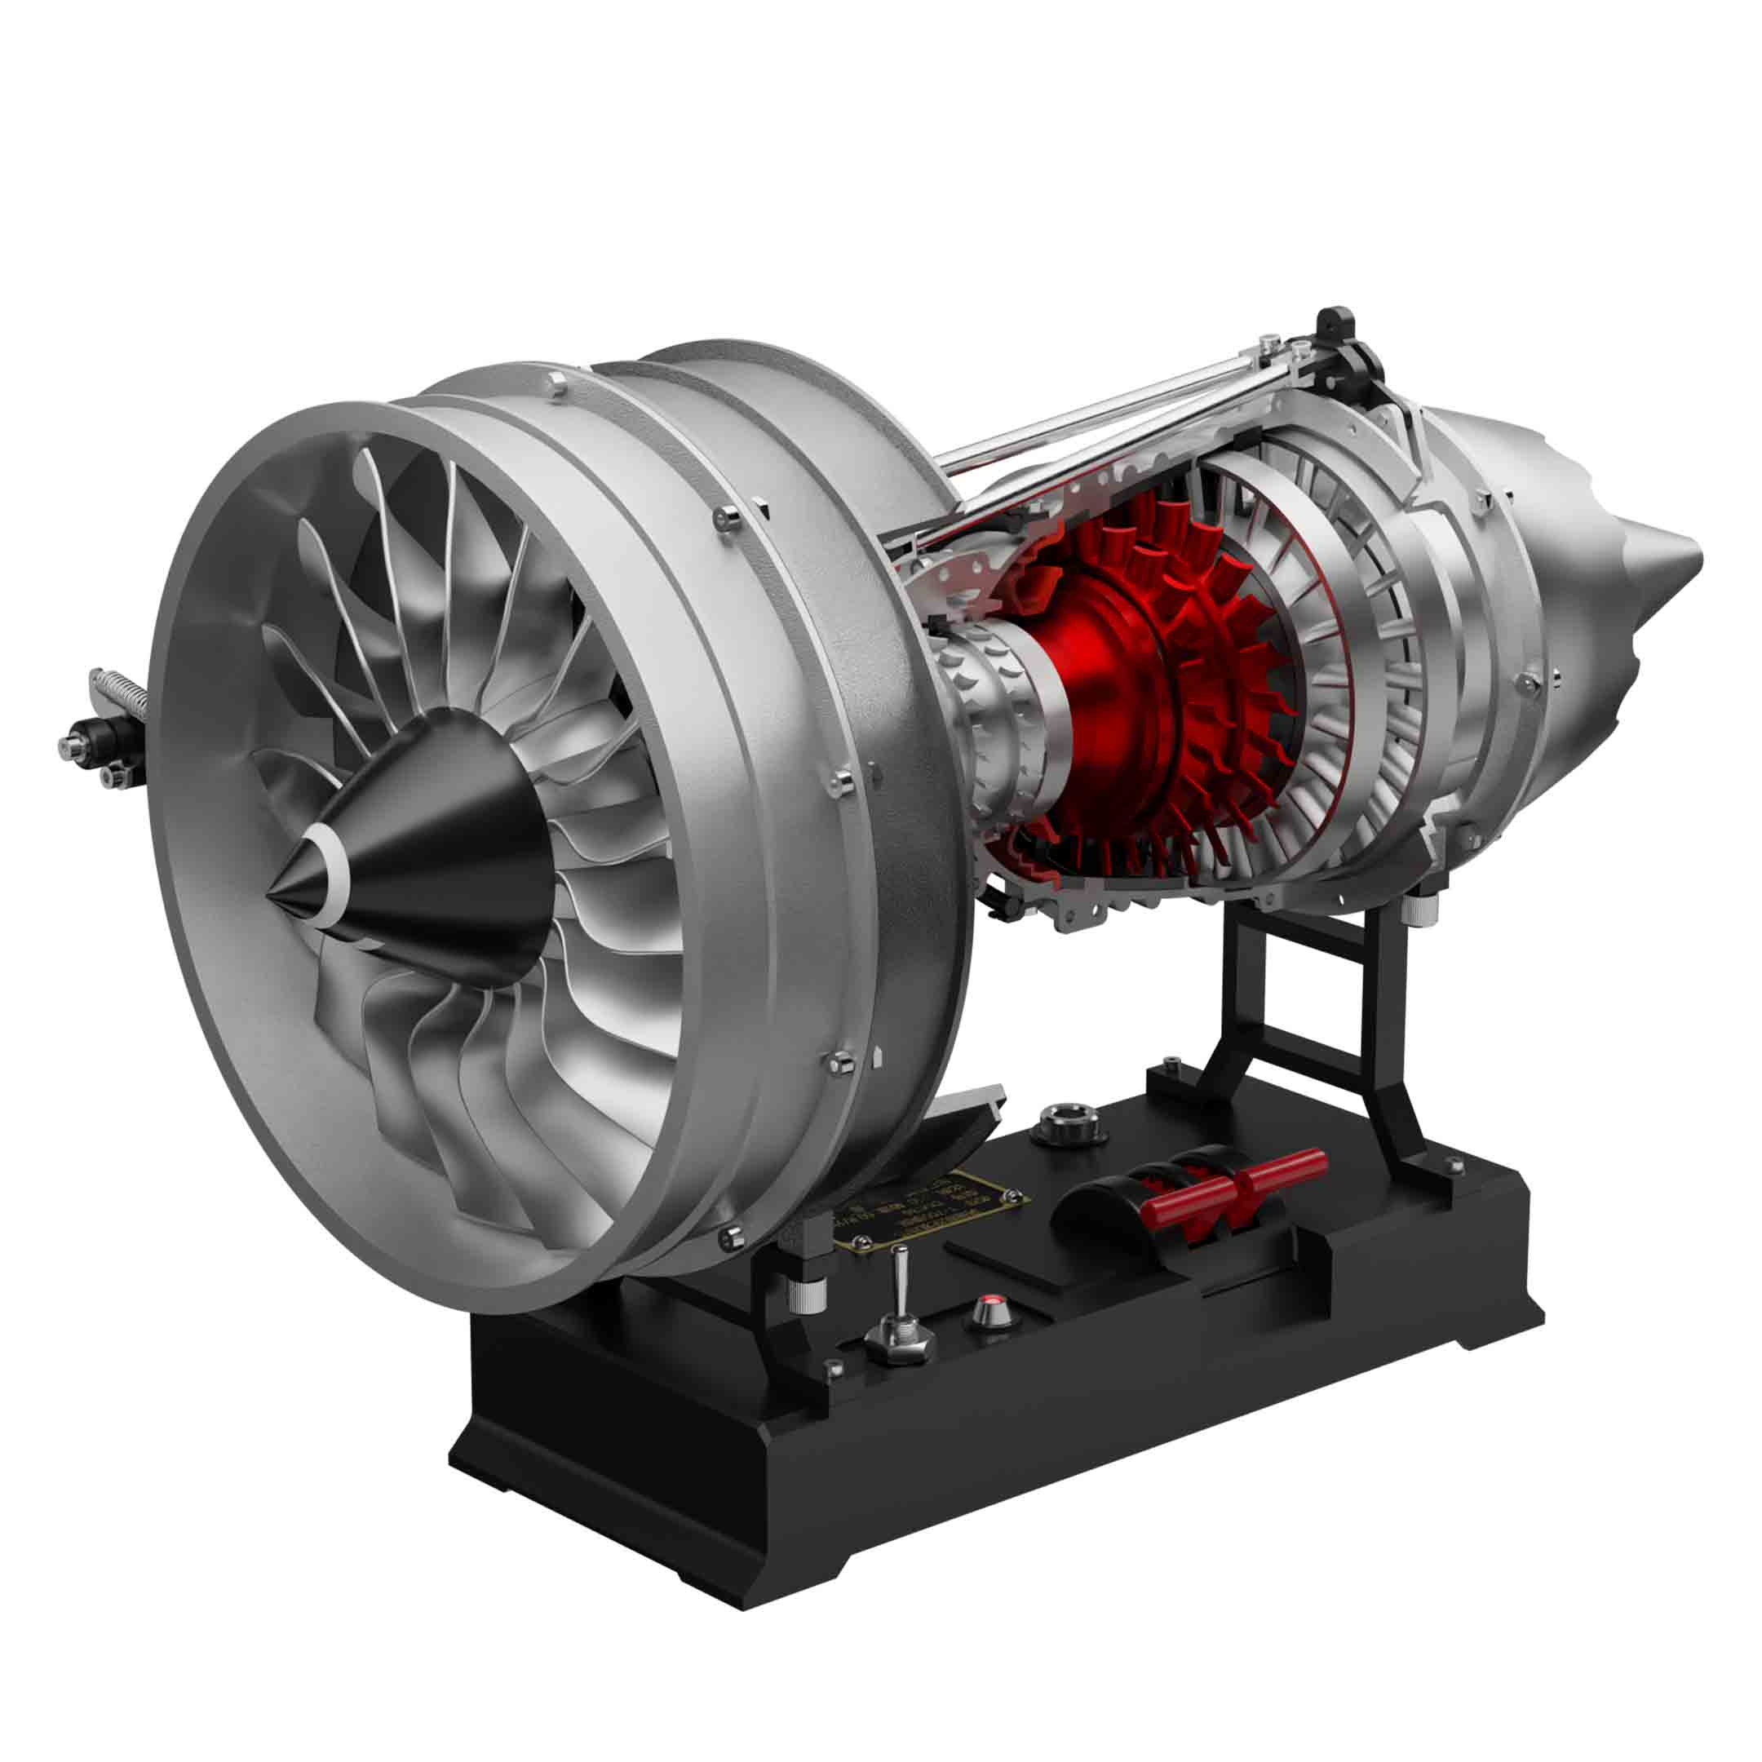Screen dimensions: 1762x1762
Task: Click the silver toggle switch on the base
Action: tap(896, 1309)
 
